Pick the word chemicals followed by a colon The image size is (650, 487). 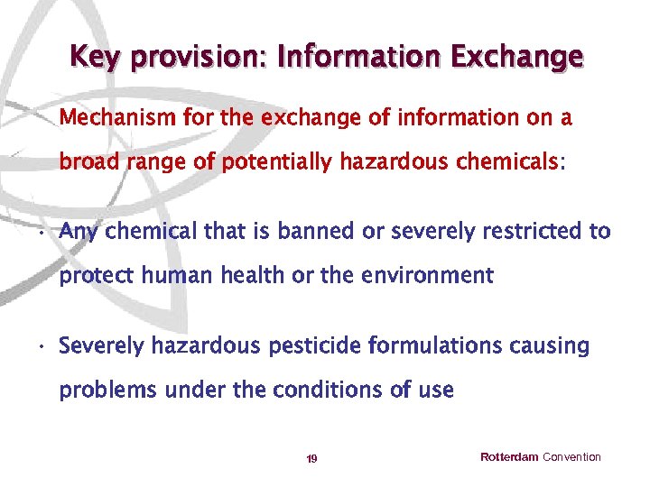click(x=511, y=162)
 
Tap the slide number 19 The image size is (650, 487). click(x=311, y=459)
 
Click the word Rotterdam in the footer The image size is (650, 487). click(x=509, y=457)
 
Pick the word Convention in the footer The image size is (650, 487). click(x=571, y=457)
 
